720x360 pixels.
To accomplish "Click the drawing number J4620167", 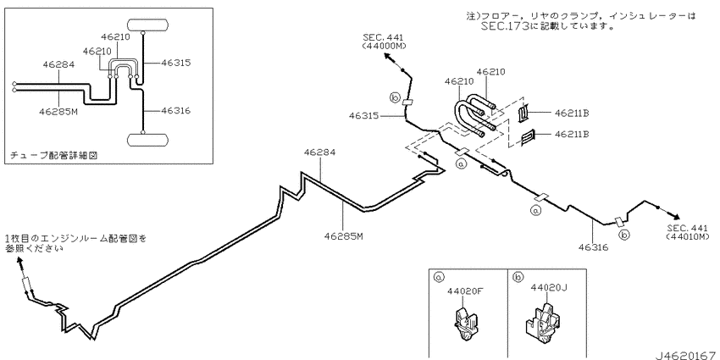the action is click(685, 355).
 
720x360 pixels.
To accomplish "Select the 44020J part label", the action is click(549, 287).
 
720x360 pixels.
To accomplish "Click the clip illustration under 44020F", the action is click(464, 324).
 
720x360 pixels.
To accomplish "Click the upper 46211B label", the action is click(572, 112).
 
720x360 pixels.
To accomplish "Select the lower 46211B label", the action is click(572, 134).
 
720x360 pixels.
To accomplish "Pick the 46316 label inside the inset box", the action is click(175, 111).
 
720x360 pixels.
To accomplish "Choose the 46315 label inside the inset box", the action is click(175, 63).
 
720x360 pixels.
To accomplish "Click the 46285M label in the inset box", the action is click(58, 111).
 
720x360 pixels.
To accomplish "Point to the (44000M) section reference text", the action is click(384, 46).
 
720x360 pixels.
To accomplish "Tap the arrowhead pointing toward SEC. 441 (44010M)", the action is click(676, 216).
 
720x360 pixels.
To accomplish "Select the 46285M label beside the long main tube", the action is click(344, 236).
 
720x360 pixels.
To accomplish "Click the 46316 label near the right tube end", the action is click(593, 247).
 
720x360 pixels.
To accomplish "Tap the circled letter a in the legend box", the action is click(439, 277).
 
